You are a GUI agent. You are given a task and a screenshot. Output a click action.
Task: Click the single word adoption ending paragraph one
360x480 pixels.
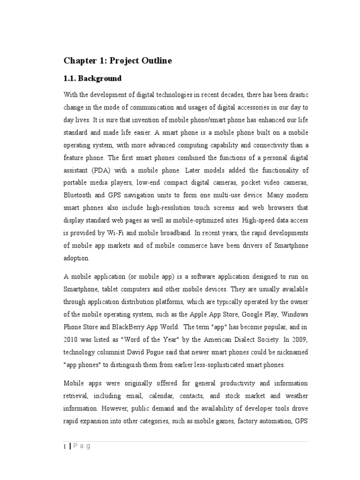point(75,258)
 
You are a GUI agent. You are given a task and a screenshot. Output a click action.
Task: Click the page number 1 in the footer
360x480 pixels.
point(65,447)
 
